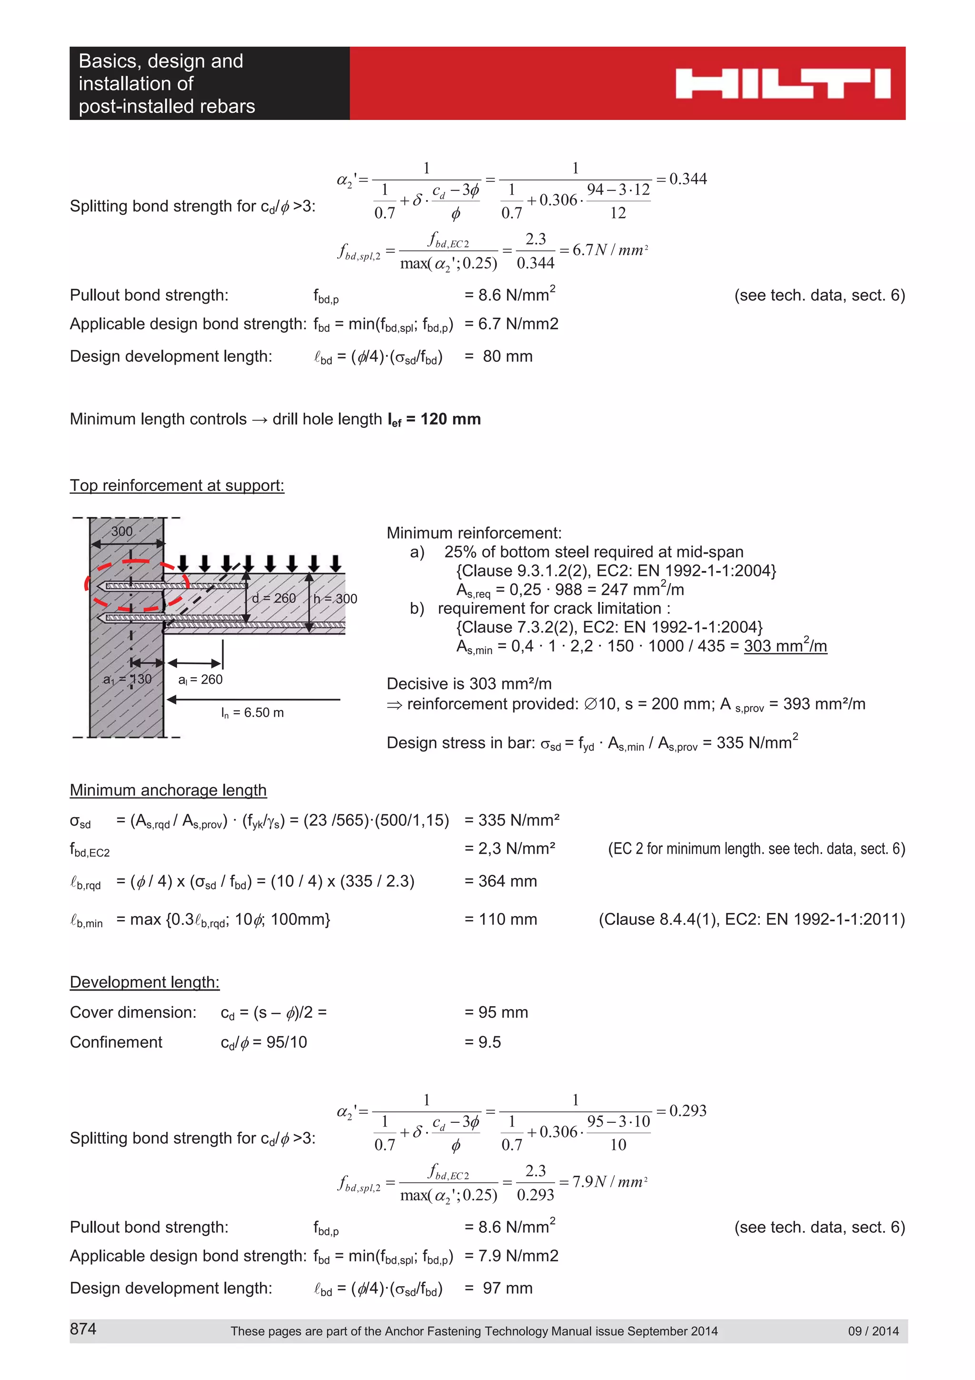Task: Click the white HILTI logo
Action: (x=782, y=83)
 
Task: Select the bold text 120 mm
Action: (x=450, y=419)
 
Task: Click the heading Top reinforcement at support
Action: (x=177, y=485)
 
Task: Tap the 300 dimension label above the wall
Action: (x=122, y=531)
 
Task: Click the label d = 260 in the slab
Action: (x=274, y=598)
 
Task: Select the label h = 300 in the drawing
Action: (x=335, y=599)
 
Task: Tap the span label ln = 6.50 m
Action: (x=252, y=713)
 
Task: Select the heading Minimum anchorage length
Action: (x=168, y=790)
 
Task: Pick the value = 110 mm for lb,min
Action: (x=500, y=919)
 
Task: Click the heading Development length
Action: (x=145, y=982)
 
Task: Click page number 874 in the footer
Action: (x=83, y=1329)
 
